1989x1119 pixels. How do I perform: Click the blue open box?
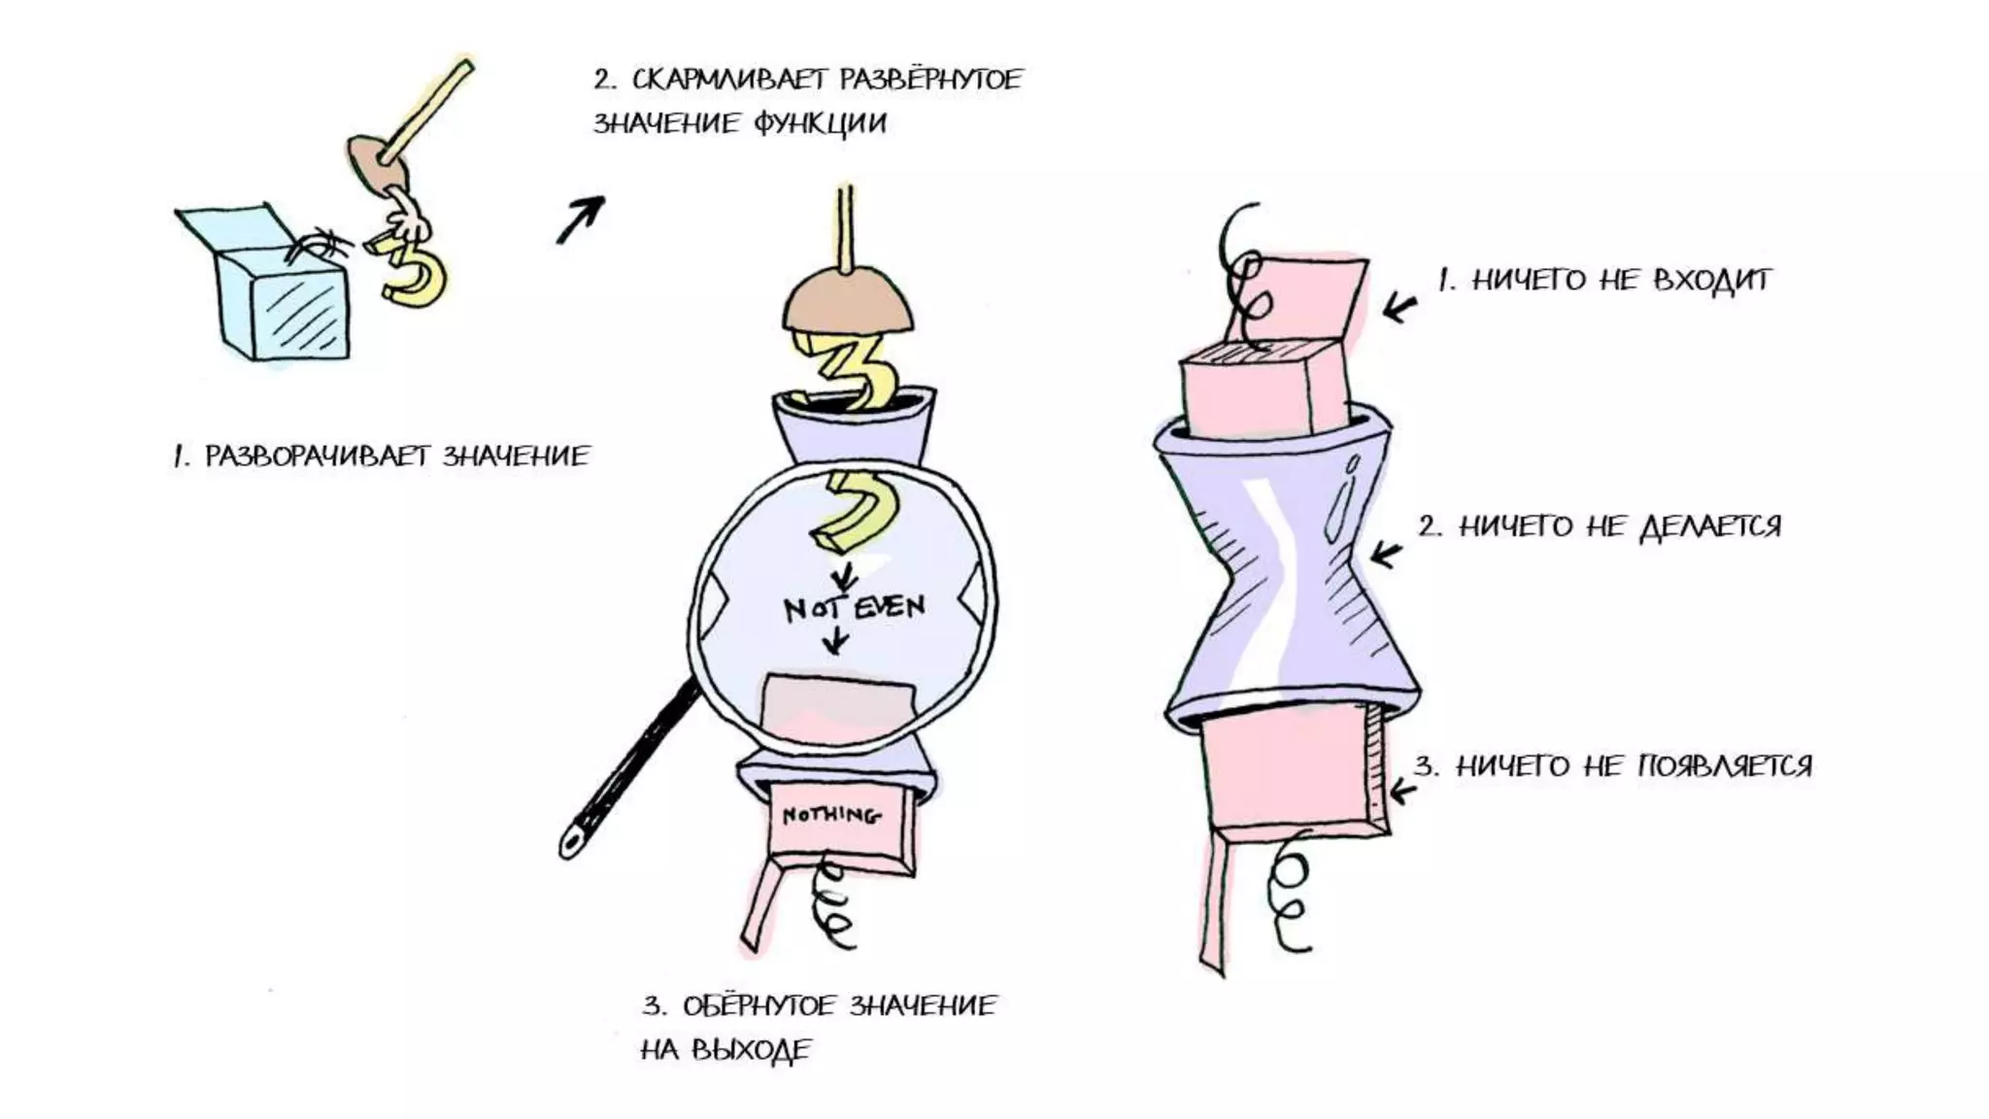282,301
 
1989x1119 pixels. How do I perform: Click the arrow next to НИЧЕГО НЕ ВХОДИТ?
1399,308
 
